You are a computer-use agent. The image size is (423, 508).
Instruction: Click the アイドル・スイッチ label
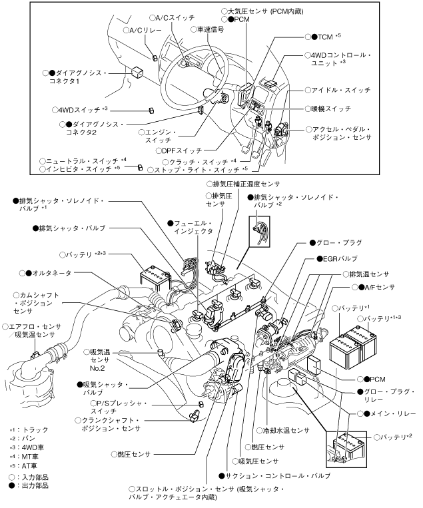point(342,89)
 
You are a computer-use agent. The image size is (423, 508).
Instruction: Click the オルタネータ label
point(53,273)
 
